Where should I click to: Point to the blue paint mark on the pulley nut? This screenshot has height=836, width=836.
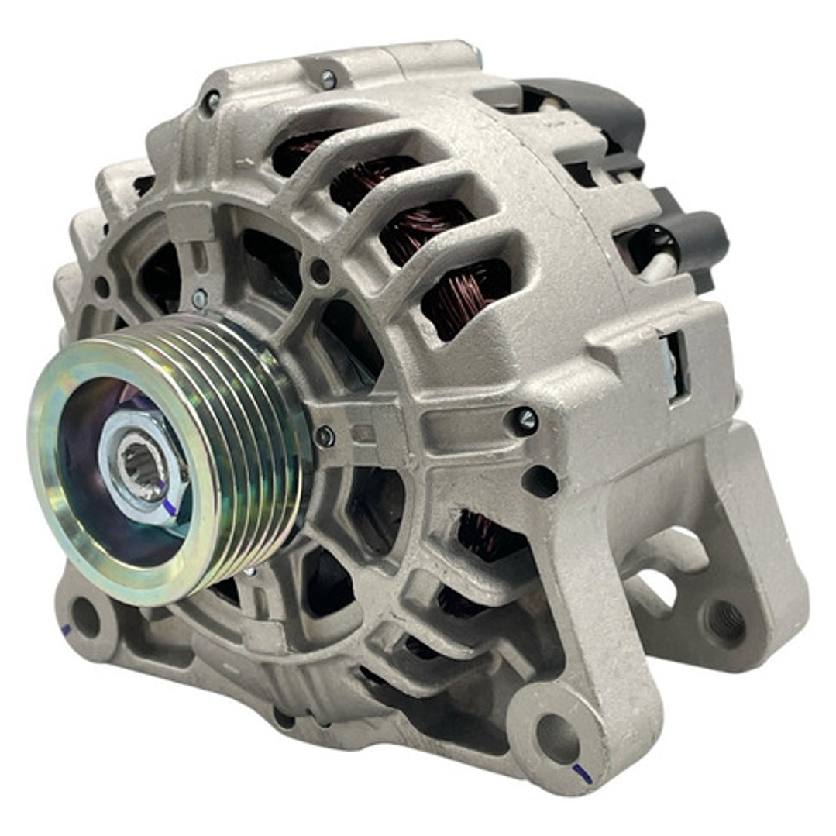[169, 507]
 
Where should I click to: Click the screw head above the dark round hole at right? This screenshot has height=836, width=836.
[525, 421]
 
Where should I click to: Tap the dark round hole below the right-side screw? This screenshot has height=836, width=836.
[540, 481]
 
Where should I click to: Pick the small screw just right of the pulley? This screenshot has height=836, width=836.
[325, 436]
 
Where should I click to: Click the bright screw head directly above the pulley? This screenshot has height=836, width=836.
[199, 298]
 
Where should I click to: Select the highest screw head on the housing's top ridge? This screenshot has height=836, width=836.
[328, 78]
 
